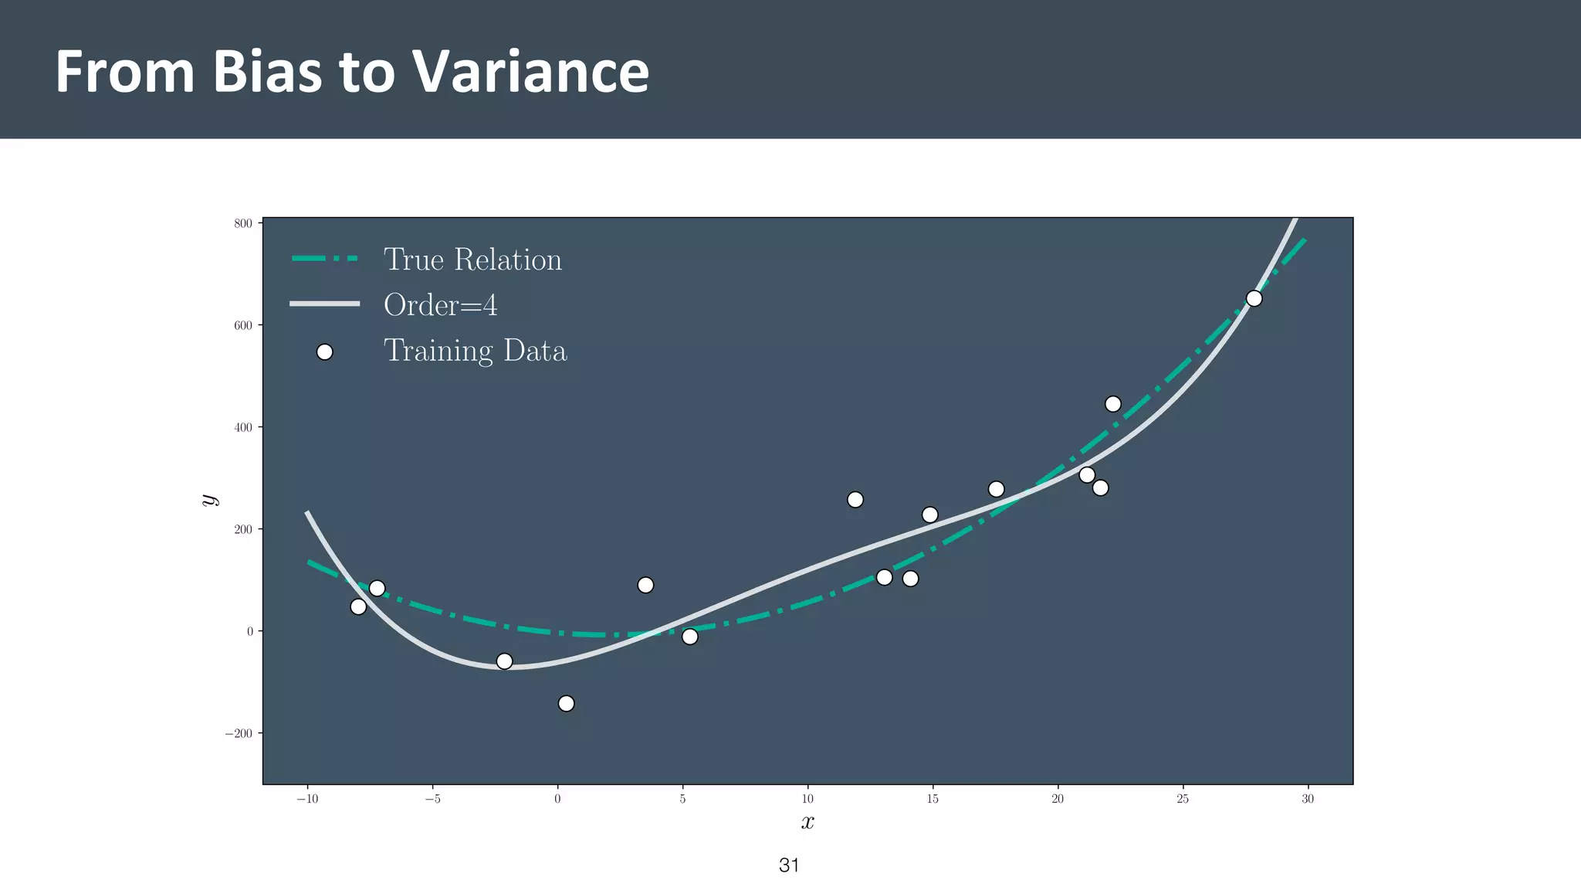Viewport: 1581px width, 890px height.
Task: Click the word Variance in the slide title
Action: [x=530, y=72]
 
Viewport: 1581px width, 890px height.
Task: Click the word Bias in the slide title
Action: [x=267, y=72]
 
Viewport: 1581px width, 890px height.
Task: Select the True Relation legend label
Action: [x=472, y=260]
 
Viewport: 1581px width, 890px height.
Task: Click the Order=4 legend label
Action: [x=440, y=305]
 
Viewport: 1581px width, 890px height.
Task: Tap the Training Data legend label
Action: [x=475, y=352]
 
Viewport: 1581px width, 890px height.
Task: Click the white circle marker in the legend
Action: [x=325, y=352]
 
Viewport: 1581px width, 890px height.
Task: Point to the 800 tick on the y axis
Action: [x=243, y=223]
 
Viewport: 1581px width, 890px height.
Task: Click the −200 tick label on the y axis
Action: [x=239, y=733]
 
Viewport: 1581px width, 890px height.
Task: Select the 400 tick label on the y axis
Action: [x=243, y=427]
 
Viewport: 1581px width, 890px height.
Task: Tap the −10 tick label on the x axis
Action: [x=307, y=799]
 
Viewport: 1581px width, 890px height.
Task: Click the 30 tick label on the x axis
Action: [x=1308, y=799]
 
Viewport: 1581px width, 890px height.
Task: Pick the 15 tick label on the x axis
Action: [x=933, y=799]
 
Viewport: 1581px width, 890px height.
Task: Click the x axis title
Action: [x=807, y=822]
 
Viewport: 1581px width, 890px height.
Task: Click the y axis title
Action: [x=208, y=500]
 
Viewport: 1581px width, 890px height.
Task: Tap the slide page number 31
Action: [x=789, y=865]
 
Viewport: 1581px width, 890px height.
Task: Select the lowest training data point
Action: [x=566, y=703]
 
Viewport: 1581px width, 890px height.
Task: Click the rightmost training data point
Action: [x=1254, y=298]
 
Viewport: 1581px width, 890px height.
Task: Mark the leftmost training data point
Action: [x=358, y=606]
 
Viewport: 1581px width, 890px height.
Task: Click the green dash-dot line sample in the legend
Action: [x=325, y=259]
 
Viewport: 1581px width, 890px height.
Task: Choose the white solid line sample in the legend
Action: [x=325, y=304]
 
